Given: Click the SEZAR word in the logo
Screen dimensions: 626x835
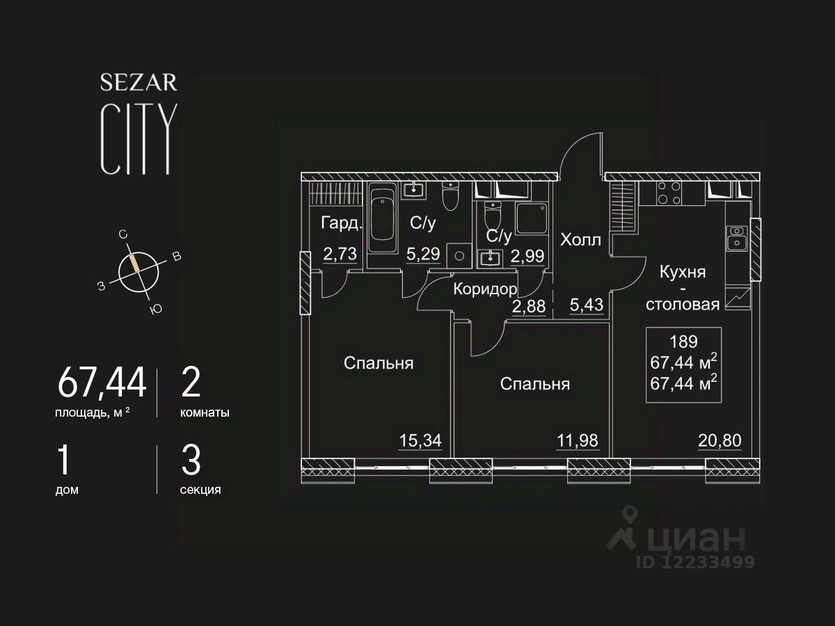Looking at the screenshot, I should [x=138, y=83].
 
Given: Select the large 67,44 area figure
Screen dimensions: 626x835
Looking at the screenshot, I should [x=102, y=383].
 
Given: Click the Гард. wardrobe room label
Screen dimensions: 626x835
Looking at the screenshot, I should [x=341, y=223].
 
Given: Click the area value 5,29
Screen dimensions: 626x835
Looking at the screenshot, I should [x=423, y=254].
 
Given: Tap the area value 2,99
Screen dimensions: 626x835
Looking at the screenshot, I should [x=527, y=256].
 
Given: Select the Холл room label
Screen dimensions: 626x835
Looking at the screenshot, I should [x=580, y=241].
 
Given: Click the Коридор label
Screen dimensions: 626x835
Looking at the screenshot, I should [x=485, y=289].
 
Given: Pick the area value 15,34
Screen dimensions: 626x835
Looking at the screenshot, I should [x=420, y=440].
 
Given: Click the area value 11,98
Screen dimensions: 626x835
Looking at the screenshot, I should [x=577, y=440].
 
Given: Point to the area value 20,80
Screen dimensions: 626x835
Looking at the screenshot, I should [x=720, y=440].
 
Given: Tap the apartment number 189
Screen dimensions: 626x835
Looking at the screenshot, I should [x=683, y=342].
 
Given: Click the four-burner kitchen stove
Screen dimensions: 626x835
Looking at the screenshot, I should [x=669, y=192].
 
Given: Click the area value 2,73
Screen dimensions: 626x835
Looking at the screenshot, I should [x=340, y=254].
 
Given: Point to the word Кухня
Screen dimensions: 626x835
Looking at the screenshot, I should [x=683, y=272].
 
